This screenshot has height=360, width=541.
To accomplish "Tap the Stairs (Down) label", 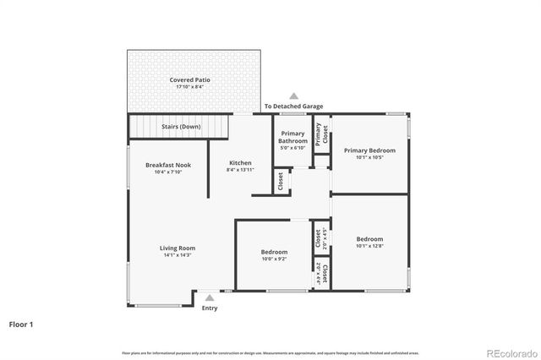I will tap(180, 127).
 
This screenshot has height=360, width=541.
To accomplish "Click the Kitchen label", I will tap(240, 162).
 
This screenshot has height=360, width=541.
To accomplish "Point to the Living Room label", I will tap(178, 248).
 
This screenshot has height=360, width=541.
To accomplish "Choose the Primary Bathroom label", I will tap(292, 137).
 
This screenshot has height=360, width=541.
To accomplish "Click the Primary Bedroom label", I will tap(369, 150).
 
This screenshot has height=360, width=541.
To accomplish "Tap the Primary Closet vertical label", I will tap(319, 135).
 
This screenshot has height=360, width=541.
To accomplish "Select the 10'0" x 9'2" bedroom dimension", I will tap(273, 259).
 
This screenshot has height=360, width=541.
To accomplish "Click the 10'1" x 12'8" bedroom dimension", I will tap(369, 246).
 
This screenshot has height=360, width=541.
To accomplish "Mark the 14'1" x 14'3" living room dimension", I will tap(178, 255).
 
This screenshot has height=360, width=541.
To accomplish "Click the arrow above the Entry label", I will tap(209, 297).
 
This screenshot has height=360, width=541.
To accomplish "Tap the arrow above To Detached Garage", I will tap(293, 96).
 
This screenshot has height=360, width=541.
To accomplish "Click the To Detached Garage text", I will tap(293, 106).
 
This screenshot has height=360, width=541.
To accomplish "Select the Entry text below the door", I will tap(209, 308).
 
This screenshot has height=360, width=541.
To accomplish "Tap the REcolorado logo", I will tap(510, 352).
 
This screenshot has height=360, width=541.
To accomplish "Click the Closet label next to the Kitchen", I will tap(279, 181).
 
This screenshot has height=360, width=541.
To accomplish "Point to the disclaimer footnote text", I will tap(270, 352).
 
